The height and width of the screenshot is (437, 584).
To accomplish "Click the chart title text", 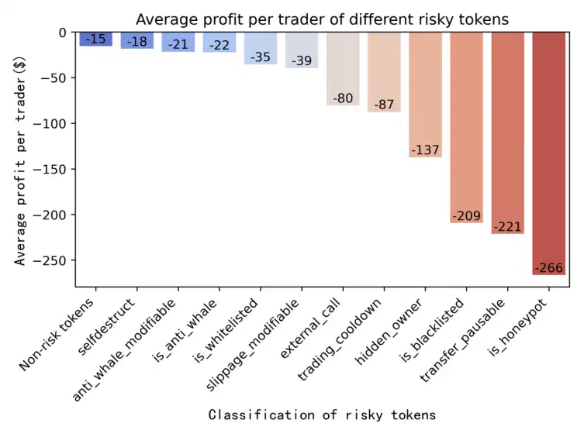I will click(x=322, y=19).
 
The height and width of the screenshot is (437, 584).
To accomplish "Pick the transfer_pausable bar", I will click(x=507, y=132).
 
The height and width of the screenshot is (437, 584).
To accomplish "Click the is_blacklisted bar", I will click(x=466, y=124).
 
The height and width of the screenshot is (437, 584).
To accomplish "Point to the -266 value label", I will click(x=548, y=268).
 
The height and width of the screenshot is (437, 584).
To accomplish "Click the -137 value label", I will click(x=425, y=150).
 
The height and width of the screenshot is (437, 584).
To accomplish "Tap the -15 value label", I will click(x=96, y=39).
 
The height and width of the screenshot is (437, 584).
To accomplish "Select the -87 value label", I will click(x=384, y=105).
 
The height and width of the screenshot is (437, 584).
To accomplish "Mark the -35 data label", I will click(x=261, y=57).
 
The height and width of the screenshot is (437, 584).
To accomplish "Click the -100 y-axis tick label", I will click(x=55, y=123).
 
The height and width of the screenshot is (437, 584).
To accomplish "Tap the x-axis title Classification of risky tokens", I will click(x=322, y=415).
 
